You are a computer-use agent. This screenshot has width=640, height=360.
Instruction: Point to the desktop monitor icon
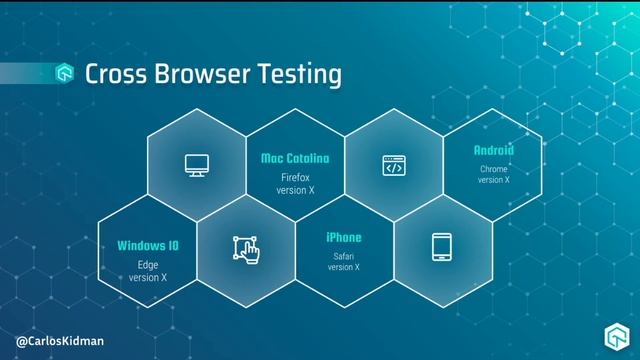(195, 166)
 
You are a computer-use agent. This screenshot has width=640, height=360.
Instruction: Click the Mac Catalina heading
(295, 158)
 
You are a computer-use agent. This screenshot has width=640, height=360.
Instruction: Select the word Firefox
(295, 177)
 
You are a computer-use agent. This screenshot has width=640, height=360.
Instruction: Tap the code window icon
(393, 166)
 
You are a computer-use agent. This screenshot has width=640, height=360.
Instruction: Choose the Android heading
(493, 150)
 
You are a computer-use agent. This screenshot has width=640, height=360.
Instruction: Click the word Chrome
(493, 169)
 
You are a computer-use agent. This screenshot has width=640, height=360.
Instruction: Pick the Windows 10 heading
(148, 245)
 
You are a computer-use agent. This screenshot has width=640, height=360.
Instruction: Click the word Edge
(148, 265)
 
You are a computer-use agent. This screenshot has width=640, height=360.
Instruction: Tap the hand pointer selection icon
(245, 248)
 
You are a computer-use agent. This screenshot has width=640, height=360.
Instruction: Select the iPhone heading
(343, 238)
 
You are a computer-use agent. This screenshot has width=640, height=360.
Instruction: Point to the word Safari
(343, 256)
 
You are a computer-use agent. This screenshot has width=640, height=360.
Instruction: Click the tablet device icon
(443, 247)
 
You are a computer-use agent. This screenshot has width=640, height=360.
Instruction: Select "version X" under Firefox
(295, 189)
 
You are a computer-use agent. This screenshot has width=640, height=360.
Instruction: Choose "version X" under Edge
(148, 277)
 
